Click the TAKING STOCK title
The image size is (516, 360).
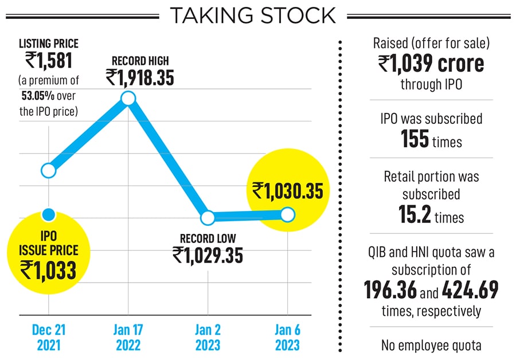pos(253,15)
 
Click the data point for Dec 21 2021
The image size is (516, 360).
pos(49,170)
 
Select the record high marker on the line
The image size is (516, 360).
pos(128,99)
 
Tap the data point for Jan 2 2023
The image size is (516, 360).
pos(208,218)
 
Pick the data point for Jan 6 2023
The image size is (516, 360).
pos(287,215)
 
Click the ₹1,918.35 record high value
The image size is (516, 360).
pos(140,78)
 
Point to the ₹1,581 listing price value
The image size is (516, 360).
pos(48,60)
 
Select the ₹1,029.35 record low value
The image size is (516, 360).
pos(208,255)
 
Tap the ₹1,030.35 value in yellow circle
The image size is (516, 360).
pos(287,190)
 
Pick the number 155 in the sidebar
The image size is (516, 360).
pos(415,139)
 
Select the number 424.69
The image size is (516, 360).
pos(469,291)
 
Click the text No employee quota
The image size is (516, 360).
pos(431,345)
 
